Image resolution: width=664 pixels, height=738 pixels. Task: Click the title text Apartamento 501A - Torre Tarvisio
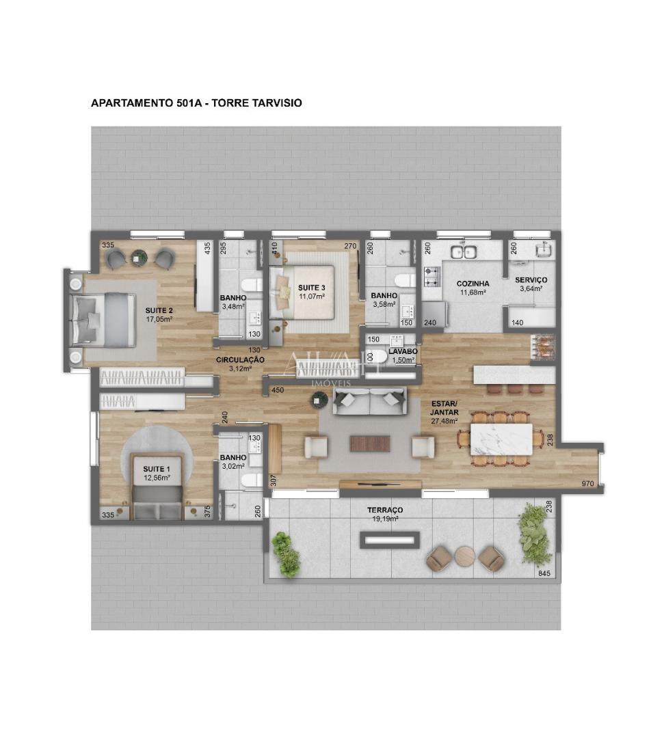(x=196, y=103)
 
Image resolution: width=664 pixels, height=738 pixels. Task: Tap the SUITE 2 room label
(x=159, y=310)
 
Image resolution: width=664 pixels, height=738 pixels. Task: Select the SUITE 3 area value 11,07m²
(x=311, y=297)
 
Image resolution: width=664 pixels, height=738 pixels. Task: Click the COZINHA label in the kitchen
(x=473, y=283)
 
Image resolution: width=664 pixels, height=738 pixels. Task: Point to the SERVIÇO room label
(x=531, y=280)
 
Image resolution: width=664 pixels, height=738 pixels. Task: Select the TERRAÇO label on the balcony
(x=385, y=510)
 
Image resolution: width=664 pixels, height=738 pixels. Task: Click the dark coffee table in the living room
(x=370, y=443)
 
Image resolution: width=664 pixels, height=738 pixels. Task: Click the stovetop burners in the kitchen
(x=431, y=276)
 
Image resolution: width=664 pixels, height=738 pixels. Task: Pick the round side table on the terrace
(x=465, y=556)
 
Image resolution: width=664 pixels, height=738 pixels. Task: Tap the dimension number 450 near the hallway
(x=278, y=390)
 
